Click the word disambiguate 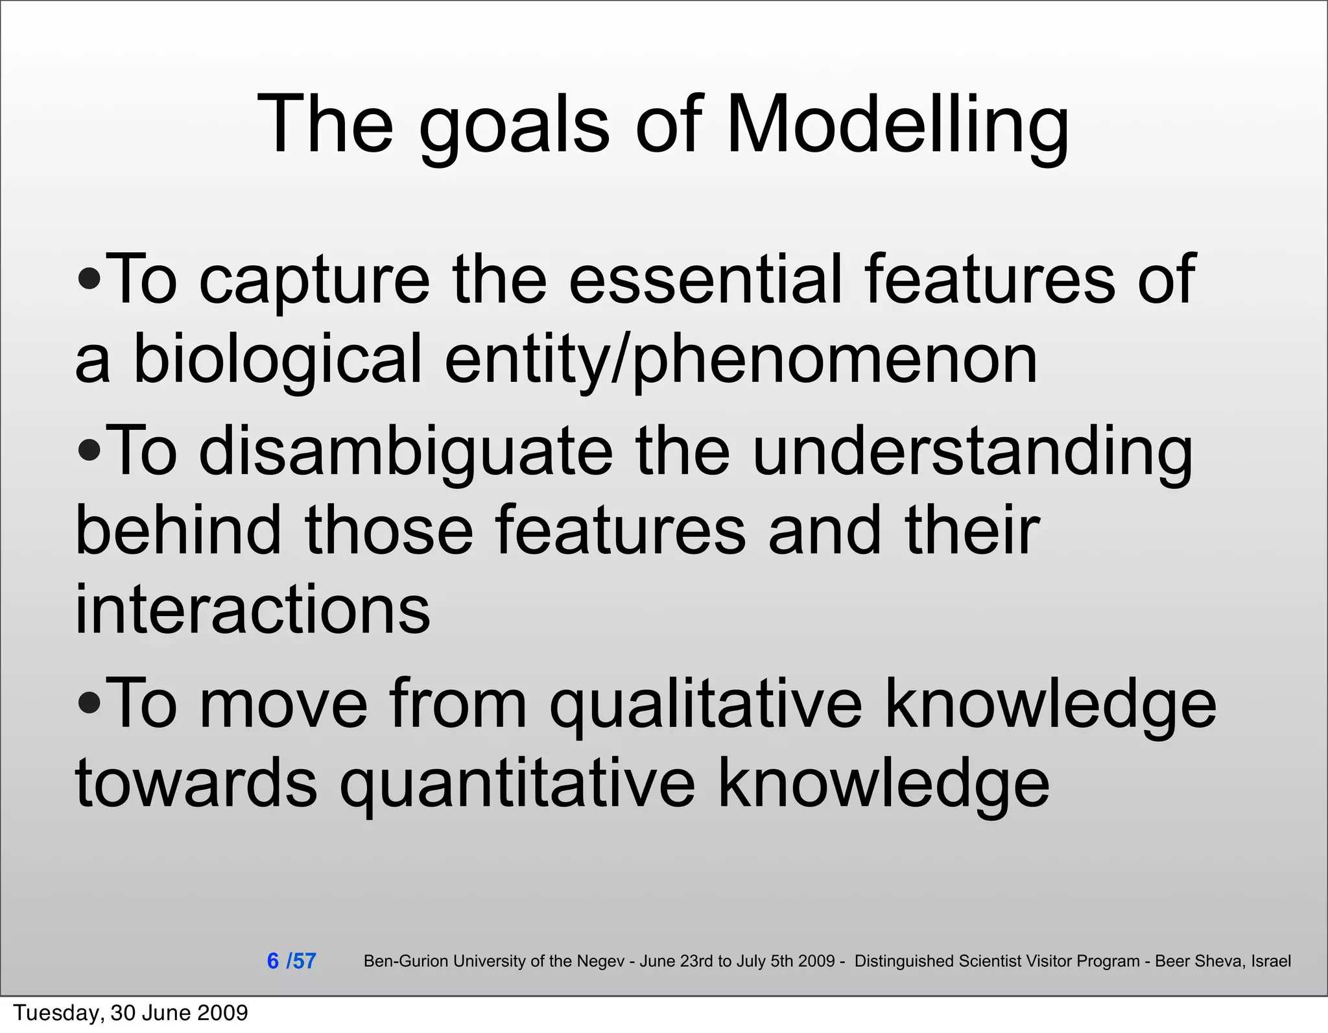[406, 452]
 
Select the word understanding [973, 452]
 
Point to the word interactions [253, 610]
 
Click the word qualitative [706, 706]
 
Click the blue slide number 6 [273, 961]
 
